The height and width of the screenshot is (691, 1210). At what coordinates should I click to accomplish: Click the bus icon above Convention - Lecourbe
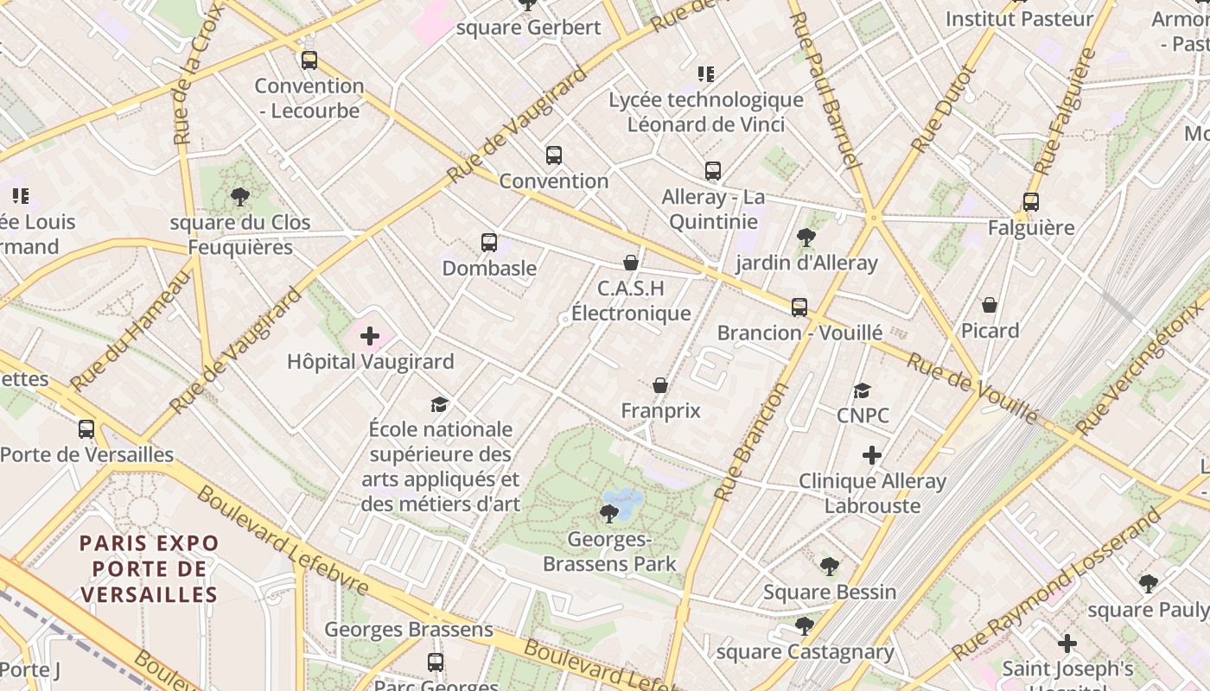click(309, 60)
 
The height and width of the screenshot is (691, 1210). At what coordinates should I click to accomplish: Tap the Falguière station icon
click(1030, 202)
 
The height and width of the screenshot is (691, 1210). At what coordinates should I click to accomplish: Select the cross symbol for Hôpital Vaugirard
click(370, 336)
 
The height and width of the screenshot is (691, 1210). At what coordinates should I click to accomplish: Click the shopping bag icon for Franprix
click(660, 385)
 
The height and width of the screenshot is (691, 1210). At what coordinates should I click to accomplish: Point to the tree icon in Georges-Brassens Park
click(608, 514)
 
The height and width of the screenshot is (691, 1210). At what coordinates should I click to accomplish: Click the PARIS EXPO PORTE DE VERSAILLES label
click(150, 568)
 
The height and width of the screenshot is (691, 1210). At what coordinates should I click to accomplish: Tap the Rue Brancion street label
click(752, 441)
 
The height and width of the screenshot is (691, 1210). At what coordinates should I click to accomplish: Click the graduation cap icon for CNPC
click(862, 390)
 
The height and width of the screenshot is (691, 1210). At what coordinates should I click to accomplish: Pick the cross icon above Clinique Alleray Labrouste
click(872, 455)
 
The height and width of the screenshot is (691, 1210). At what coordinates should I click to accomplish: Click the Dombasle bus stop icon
click(489, 243)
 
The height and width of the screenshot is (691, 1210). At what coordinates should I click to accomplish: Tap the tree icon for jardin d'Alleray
click(806, 237)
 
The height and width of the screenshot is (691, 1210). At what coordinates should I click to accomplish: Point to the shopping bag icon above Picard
click(990, 305)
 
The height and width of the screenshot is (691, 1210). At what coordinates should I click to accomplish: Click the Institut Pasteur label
click(1019, 18)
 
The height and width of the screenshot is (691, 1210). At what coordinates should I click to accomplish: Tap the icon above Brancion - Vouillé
click(799, 307)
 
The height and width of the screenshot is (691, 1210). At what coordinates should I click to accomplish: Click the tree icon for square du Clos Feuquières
click(240, 197)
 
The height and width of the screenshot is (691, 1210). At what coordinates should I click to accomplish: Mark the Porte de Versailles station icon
click(86, 429)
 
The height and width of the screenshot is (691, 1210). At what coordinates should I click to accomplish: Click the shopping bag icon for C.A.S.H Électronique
click(631, 263)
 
